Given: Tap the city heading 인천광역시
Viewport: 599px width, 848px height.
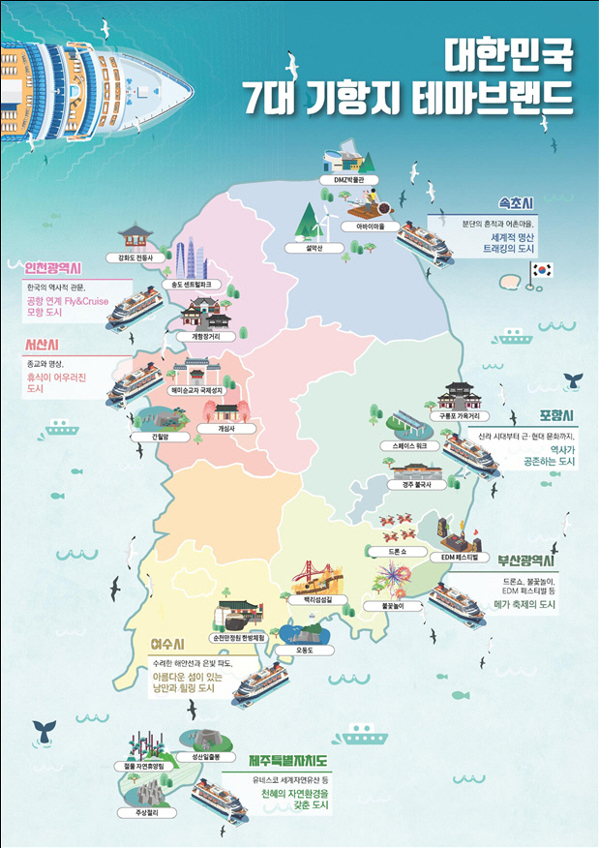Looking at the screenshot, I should click(54, 267).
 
